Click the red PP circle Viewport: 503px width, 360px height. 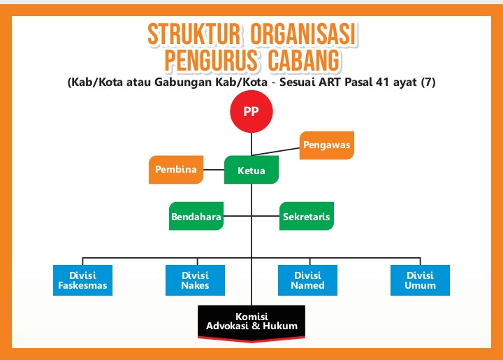click(251, 111)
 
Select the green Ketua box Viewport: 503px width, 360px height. click(251, 170)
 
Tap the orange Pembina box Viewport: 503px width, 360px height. click(176, 170)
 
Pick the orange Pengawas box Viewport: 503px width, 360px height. click(326, 145)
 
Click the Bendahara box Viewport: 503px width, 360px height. click(196, 216)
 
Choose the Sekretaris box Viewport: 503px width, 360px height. click(307, 216)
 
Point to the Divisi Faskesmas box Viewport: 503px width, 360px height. click(82, 280)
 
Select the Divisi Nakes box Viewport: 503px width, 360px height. click(195, 280)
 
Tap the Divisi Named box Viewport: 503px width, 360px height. click(307, 280)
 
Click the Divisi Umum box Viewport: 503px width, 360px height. click(421, 280)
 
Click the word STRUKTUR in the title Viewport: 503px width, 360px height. click(194, 34)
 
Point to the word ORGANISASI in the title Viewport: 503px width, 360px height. click(303, 34)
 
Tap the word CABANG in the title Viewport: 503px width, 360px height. click(303, 60)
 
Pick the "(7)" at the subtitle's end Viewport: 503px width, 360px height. click(428, 82)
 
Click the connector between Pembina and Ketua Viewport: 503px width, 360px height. click(214, 170)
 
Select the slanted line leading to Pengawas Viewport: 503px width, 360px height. click(275, 152)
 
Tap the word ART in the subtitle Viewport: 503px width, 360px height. click(330, 82)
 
